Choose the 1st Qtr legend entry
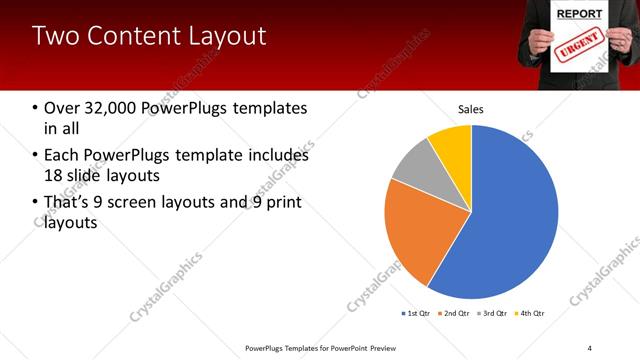(415, 314)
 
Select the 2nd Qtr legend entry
(455, 314)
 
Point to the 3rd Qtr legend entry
(493, 314)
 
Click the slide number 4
(589, 347)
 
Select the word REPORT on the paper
(579, 15)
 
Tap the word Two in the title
(54, 36)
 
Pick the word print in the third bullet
(281, 203)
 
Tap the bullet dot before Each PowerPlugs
(36, 156)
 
